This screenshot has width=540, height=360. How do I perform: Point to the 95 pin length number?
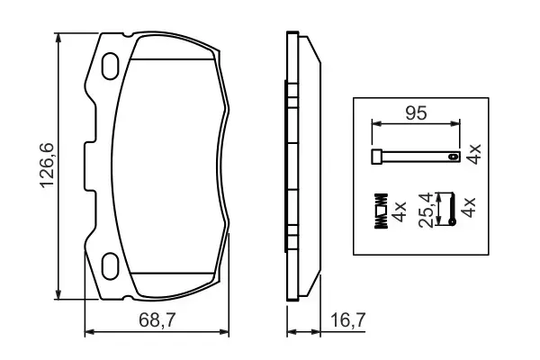point(415,114)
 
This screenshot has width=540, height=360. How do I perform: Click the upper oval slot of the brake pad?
point(112,66)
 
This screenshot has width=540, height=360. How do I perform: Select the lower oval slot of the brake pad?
point(112,266)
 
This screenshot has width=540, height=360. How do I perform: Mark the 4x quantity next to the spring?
point(400,211)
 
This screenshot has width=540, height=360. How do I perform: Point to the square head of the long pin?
point(377,158)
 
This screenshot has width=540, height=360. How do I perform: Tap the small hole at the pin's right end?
point(454,158)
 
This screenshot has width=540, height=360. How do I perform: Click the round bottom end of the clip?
point(454,226)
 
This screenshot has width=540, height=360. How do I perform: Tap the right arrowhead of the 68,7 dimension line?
point(228,333)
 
